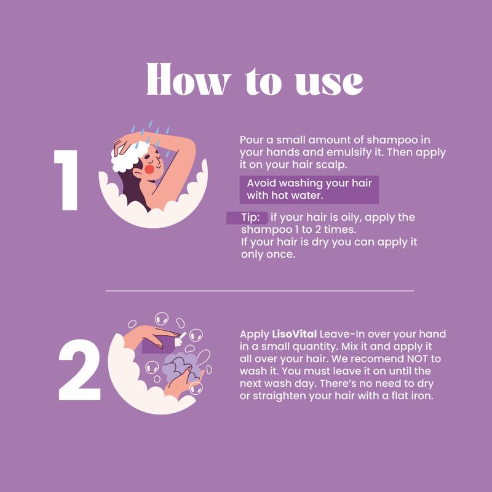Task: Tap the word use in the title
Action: [329, 82]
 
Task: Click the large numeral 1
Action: [66, 180]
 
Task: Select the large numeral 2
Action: [79, 370]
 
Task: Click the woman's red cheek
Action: [149, 170]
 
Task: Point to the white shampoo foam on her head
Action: [129, 156]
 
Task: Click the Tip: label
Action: [250, 217]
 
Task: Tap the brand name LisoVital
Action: [295, 334]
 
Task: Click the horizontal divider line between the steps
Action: [260, 291]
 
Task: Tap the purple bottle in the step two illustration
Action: [158, 344]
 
